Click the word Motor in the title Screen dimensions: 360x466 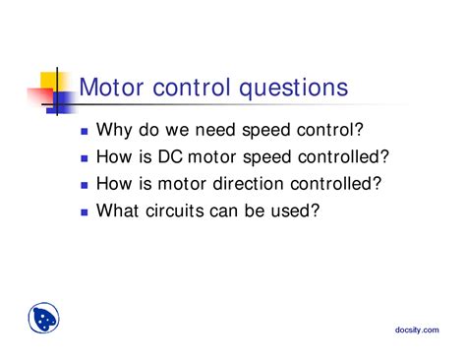[x=109, y=89]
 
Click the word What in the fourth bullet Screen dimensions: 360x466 [x=120, y=210]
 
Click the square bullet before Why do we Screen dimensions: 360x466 [x=85, y=130]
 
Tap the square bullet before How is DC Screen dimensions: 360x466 [x=85, y=156]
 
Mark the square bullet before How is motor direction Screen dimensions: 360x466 [x=85, y=184]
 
